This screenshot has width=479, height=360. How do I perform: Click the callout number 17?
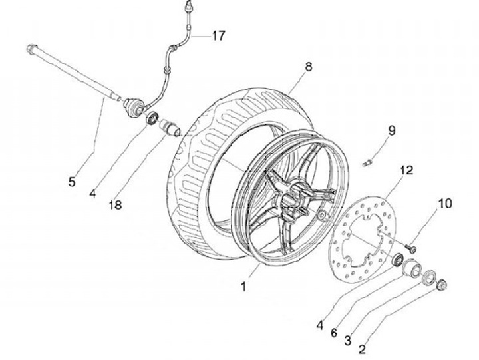[219, 36]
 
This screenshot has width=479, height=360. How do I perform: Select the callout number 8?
[309, 67]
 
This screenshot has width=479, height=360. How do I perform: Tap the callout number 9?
[391, 130]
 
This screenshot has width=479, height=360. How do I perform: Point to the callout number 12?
[406, 170]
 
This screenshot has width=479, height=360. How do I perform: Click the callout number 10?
[445, 203]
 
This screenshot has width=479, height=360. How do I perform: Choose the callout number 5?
[71, 182]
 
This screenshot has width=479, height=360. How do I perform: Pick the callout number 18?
[116, 205]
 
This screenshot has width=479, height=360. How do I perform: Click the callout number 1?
[243, 287]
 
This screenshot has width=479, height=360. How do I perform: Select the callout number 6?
[334, 333]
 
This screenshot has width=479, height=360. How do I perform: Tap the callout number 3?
[348, 341]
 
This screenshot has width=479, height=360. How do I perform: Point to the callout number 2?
[362, 349]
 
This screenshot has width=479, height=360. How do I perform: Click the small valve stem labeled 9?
[367, 163]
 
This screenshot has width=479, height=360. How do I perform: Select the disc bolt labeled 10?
[410, 248]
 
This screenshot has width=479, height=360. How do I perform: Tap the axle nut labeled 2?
[442, 285]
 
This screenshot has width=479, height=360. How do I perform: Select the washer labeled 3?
[429, 277]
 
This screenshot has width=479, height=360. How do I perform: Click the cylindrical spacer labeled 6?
[412, 267]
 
